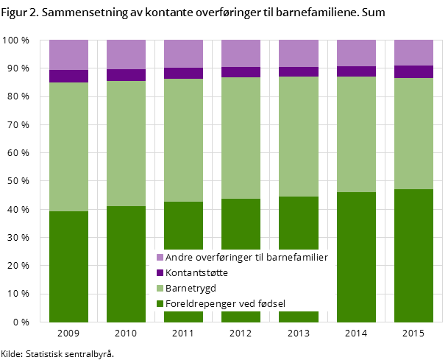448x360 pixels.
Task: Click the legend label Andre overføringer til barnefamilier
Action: point(246,258)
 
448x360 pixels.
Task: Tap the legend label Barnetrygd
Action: point(191,288)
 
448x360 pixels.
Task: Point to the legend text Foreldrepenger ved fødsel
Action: point(225,303)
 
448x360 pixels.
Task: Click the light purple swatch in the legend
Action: point(160,258)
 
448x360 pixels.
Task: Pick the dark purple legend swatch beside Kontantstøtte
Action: point(160,273)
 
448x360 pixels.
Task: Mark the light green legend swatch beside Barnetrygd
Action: point(160,289)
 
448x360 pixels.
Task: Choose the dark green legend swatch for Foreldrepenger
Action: point(160,303)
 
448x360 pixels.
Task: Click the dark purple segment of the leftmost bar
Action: point(68,76)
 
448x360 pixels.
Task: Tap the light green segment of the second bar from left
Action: point(126,144)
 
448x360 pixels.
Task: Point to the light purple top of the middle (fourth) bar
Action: point(241,53)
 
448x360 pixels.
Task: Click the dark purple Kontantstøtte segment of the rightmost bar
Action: point(413,71)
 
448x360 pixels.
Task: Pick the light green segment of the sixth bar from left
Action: point(356,134)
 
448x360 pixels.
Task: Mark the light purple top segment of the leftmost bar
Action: point(68,54)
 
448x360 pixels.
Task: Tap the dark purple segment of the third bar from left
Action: point(183,73)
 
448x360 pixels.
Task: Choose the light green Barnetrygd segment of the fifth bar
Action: point(298,136)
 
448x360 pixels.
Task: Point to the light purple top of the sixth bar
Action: point(356,53)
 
